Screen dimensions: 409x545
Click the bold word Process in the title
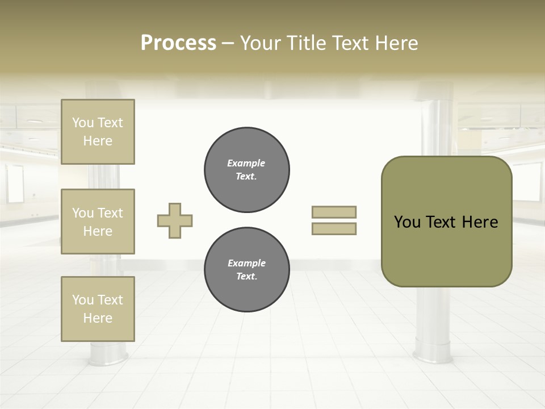coord(178,43)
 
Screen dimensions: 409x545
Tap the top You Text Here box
coord(98,132)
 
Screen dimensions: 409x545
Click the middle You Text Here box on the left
coord(98,222)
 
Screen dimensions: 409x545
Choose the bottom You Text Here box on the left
coord(98,309)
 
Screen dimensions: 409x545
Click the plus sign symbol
coord(175,220)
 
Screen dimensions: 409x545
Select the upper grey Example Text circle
coord(246,170)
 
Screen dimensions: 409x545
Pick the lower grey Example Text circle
coord(246,270)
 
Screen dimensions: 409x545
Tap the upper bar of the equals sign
coord(334,212)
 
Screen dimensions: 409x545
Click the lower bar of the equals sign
coord(334,228)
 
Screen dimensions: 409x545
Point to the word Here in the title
coord(396,43)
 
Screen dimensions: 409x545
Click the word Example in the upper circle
coord(246,163)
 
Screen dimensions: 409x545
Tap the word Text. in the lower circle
coord(246,277)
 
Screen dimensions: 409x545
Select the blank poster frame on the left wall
coord(15,183)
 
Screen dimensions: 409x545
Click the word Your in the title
coord(262,43)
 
